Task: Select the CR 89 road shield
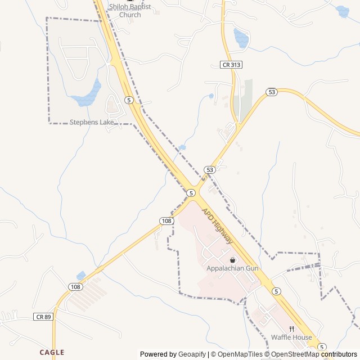[42, 317]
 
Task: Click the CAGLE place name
[52, 352]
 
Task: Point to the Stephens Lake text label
[92, 122]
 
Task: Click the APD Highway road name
[218, 227]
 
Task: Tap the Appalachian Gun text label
[232, 268]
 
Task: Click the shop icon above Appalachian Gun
[232, 259]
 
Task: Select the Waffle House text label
[291, 337]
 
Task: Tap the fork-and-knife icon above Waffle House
[291, 329]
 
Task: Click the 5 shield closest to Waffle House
[322, 346]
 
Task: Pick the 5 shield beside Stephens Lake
[129, 100]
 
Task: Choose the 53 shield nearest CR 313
[272, 92]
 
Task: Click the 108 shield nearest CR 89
[76, 287]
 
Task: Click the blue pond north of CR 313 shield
[241, 37]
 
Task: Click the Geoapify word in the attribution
[192, 354]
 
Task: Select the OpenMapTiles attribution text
[240, 354]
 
